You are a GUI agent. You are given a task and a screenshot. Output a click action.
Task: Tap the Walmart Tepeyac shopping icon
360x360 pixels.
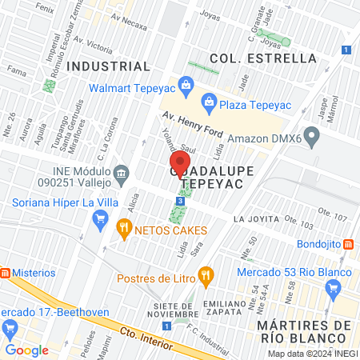pos(186,83)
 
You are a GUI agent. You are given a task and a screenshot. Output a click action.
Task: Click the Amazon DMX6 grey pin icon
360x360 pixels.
pos(313,138)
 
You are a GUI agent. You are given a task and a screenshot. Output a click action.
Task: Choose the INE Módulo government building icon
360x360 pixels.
pos(122,173)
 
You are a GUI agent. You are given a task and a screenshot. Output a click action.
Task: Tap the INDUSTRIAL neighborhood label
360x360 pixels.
pos(109,66)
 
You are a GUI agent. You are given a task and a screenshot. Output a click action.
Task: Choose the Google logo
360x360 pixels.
pos(26,350)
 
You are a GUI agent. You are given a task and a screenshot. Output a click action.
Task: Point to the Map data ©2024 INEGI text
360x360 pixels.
pos(312,354)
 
